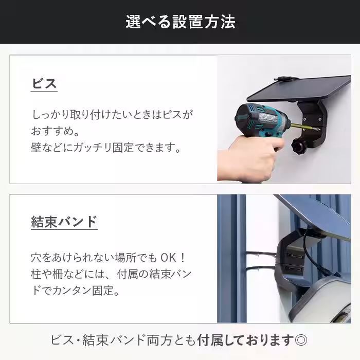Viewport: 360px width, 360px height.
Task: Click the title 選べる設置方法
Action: (x=180, y=22)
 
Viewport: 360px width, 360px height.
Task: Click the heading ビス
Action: (x=44, y=84)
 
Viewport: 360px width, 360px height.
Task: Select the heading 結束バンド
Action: (x=64, y=222)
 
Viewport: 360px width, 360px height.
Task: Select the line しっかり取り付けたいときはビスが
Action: (x=113, y=114)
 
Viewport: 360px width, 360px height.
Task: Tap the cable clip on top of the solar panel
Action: (x=283, y=79)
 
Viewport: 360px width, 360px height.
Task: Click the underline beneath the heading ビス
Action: (x=44, y=93)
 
